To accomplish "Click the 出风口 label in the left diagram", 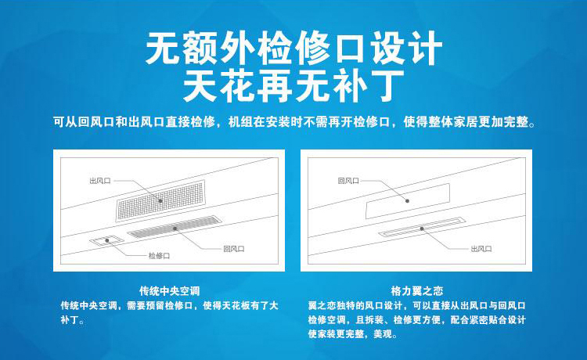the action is tap(100, 181).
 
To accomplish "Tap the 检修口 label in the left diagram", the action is tap(159, 256).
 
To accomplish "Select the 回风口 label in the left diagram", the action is tap(234, 249).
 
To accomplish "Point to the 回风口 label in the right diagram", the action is tap(348, 181).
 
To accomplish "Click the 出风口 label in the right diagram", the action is tap(481, 249).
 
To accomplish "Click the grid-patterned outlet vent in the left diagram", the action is tap(160, 200).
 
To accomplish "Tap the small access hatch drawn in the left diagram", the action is tap(106, 240).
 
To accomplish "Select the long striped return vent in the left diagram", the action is tap(175, 227).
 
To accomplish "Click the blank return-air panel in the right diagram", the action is tap(408, 201).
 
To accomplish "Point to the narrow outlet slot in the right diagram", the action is tap(423, 227).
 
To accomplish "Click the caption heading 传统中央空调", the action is tap(170, 291).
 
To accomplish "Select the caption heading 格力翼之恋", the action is tap(416, 291).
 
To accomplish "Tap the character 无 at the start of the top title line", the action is tap(164, 49).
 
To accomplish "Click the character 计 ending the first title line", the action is tap(426, 49).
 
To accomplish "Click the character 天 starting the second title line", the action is tap(200, 86).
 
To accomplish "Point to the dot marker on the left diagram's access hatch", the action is tap(106, 240).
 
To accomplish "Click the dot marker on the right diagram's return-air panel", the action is tap(407, 201).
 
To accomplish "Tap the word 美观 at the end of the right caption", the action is tap(383, 334).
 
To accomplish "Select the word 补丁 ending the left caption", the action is tap(70, 320).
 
